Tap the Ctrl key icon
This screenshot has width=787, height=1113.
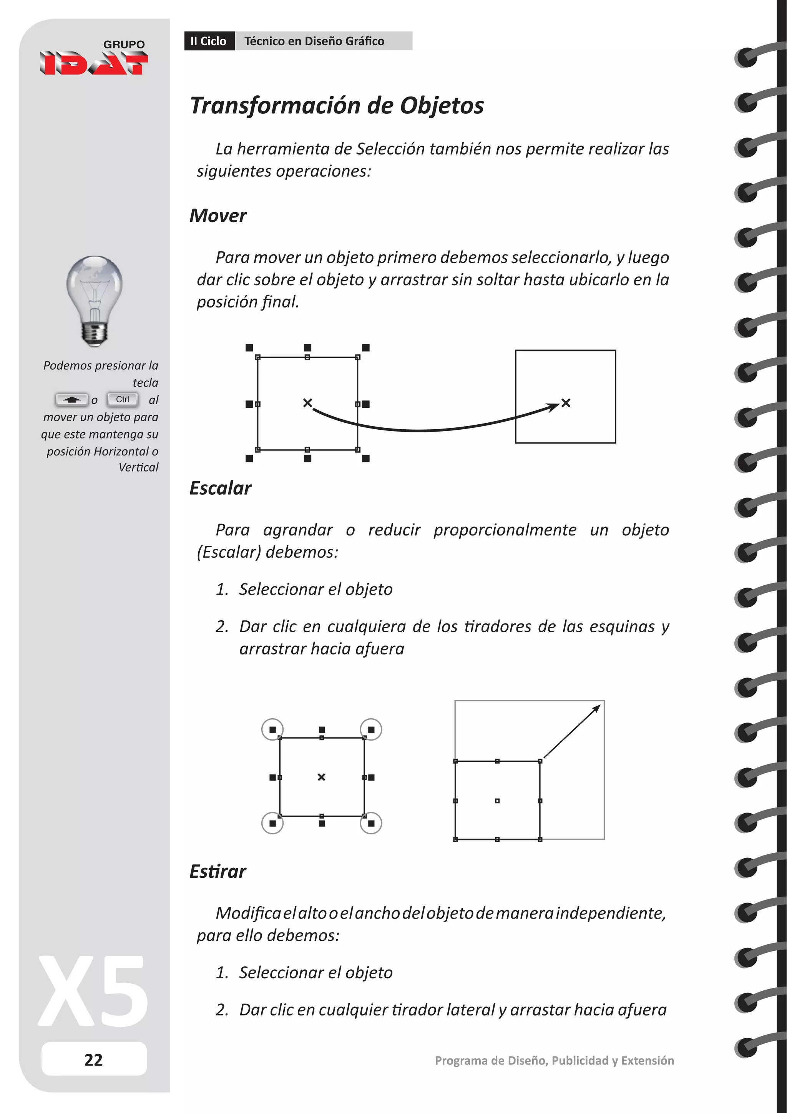[123, 399]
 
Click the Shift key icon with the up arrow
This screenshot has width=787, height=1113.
[72, 400]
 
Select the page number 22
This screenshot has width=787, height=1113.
[93, 1060]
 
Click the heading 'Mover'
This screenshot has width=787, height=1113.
[218, 216]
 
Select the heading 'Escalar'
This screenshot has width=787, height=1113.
[221, 488]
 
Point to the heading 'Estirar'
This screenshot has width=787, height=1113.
[218, 872]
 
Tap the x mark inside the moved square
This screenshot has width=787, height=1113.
[566, 403]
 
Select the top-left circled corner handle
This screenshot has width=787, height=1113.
[272, 729]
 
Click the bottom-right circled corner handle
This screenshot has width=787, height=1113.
[371, 823]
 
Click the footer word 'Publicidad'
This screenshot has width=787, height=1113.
[579, 1061]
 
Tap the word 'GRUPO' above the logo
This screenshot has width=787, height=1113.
[124, 45]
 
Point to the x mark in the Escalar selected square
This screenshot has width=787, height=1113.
[321, 777]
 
